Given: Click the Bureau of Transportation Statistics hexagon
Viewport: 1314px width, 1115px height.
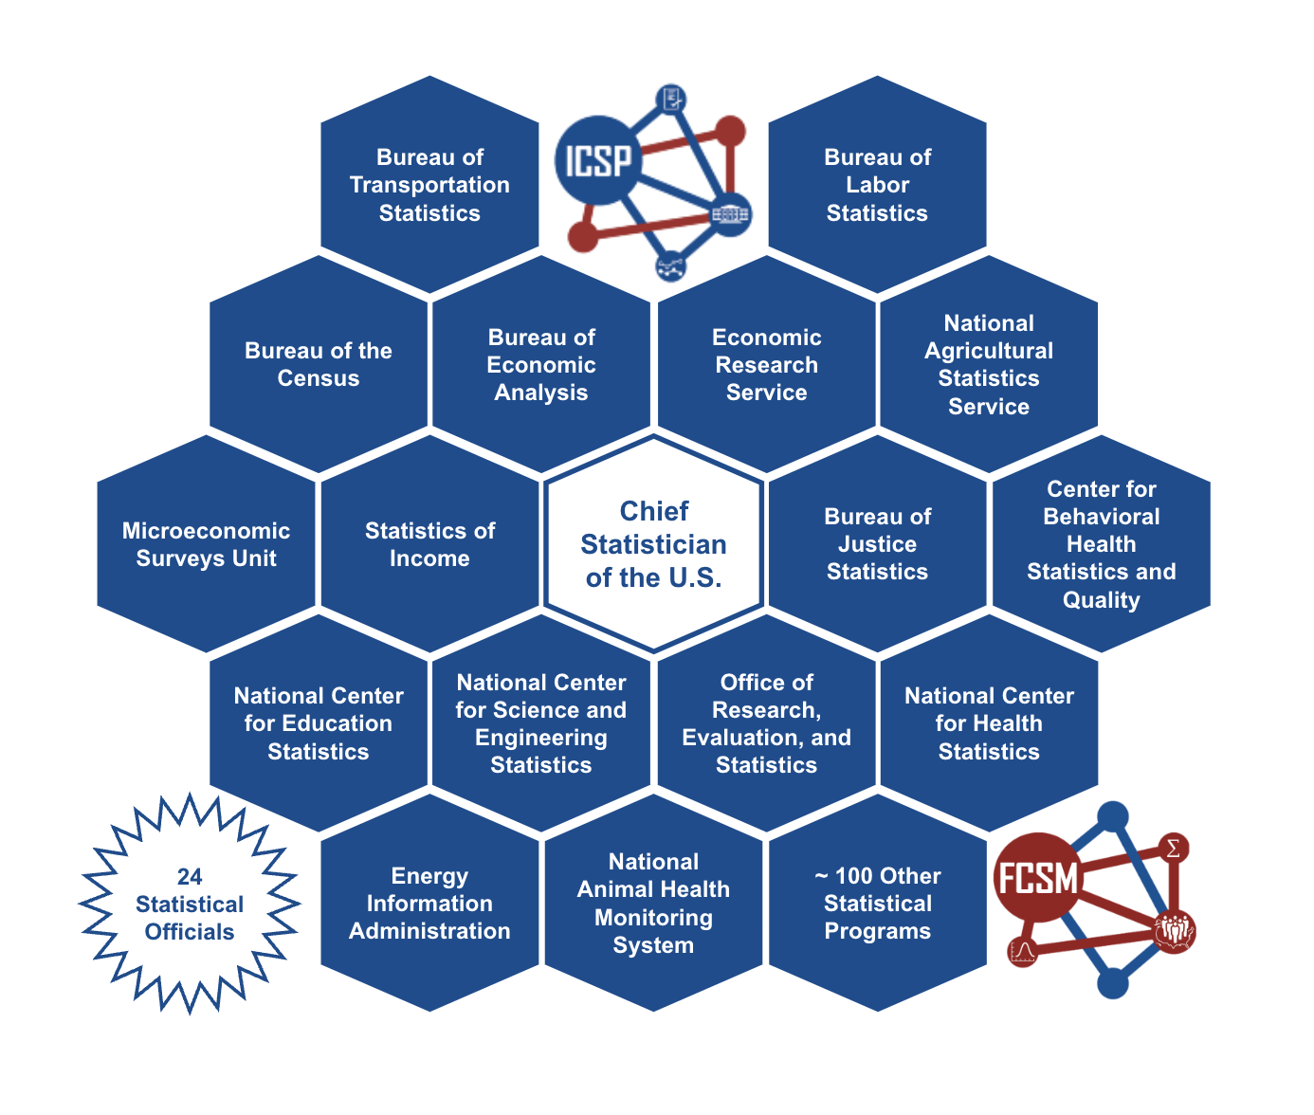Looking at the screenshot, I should coord(429,185).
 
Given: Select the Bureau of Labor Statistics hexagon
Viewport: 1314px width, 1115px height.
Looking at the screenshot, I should coord(877,185).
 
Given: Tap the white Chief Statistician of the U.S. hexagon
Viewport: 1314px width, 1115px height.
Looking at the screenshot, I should coord(654,544).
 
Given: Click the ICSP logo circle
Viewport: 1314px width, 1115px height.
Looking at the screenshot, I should coord(598,161).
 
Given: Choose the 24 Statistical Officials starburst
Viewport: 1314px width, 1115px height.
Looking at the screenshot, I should coord(190,904).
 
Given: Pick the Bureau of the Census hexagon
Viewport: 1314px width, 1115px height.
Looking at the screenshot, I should coord(319,364).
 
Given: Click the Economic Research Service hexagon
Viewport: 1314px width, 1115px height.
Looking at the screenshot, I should coord(766,364).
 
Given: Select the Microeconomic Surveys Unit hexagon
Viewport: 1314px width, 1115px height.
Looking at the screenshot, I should coord(206,544).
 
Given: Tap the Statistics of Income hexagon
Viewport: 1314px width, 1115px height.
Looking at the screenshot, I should coord(429,544).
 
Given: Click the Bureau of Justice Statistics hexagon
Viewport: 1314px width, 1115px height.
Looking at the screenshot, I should coord(877,544).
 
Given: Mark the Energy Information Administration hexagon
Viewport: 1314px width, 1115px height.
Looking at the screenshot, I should coord(429,904).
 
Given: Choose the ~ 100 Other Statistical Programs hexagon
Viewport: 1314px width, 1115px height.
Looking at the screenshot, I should coord(877,904).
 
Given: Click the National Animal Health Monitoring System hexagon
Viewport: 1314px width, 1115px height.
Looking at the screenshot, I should coord(654,904).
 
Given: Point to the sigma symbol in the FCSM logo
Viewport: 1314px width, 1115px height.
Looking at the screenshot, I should coord(1173,848).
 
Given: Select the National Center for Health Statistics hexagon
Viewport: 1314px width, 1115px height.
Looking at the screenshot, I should coord(989,723).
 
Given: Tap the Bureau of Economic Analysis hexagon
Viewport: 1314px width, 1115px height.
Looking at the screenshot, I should coord(541,364).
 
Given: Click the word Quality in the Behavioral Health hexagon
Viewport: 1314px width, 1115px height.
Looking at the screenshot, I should coord(1101,600).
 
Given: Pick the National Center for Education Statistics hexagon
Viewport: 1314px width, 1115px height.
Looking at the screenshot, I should coord(319,723).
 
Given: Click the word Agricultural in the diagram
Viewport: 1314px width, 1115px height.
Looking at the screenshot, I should coord(989,351).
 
